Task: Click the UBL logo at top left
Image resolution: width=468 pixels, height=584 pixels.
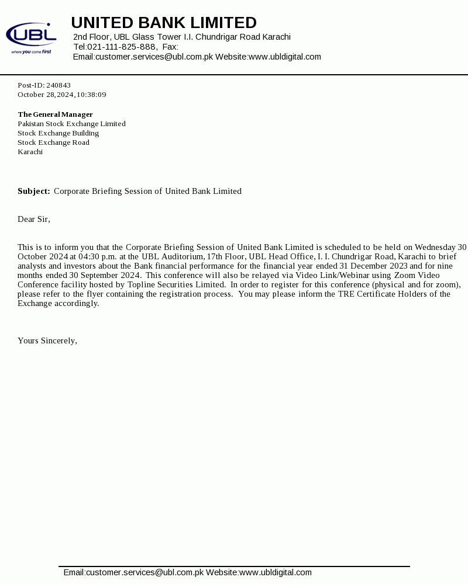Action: pyautogui.click(x=31, y=38)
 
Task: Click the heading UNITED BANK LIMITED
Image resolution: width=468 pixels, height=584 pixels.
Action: pyautogui.click(x=164, y=23)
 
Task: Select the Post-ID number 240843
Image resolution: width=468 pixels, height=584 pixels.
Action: pyautogui.click(x=58, y=85)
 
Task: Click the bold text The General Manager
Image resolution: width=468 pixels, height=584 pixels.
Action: pyautogui.click(x=56, y=114)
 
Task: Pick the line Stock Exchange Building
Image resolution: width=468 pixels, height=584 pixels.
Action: pyautogui.click(x=58, y=133)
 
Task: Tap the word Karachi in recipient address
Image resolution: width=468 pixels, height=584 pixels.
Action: pyautogui.click(x=30, y=152)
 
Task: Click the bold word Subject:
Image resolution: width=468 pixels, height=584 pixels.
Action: pyautogui.click(x=34, y=191)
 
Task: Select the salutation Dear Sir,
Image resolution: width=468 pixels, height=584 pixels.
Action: pyautogui.click(x=34, y=219)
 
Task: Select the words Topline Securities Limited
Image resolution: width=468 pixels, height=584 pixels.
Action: pyautogui.click(x=176, y=284)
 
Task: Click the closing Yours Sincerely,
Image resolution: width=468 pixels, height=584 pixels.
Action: pyautogui.click(x=47, y=340)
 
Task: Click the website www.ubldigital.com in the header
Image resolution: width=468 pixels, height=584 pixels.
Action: pyautogui.click(x=285, y=57)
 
